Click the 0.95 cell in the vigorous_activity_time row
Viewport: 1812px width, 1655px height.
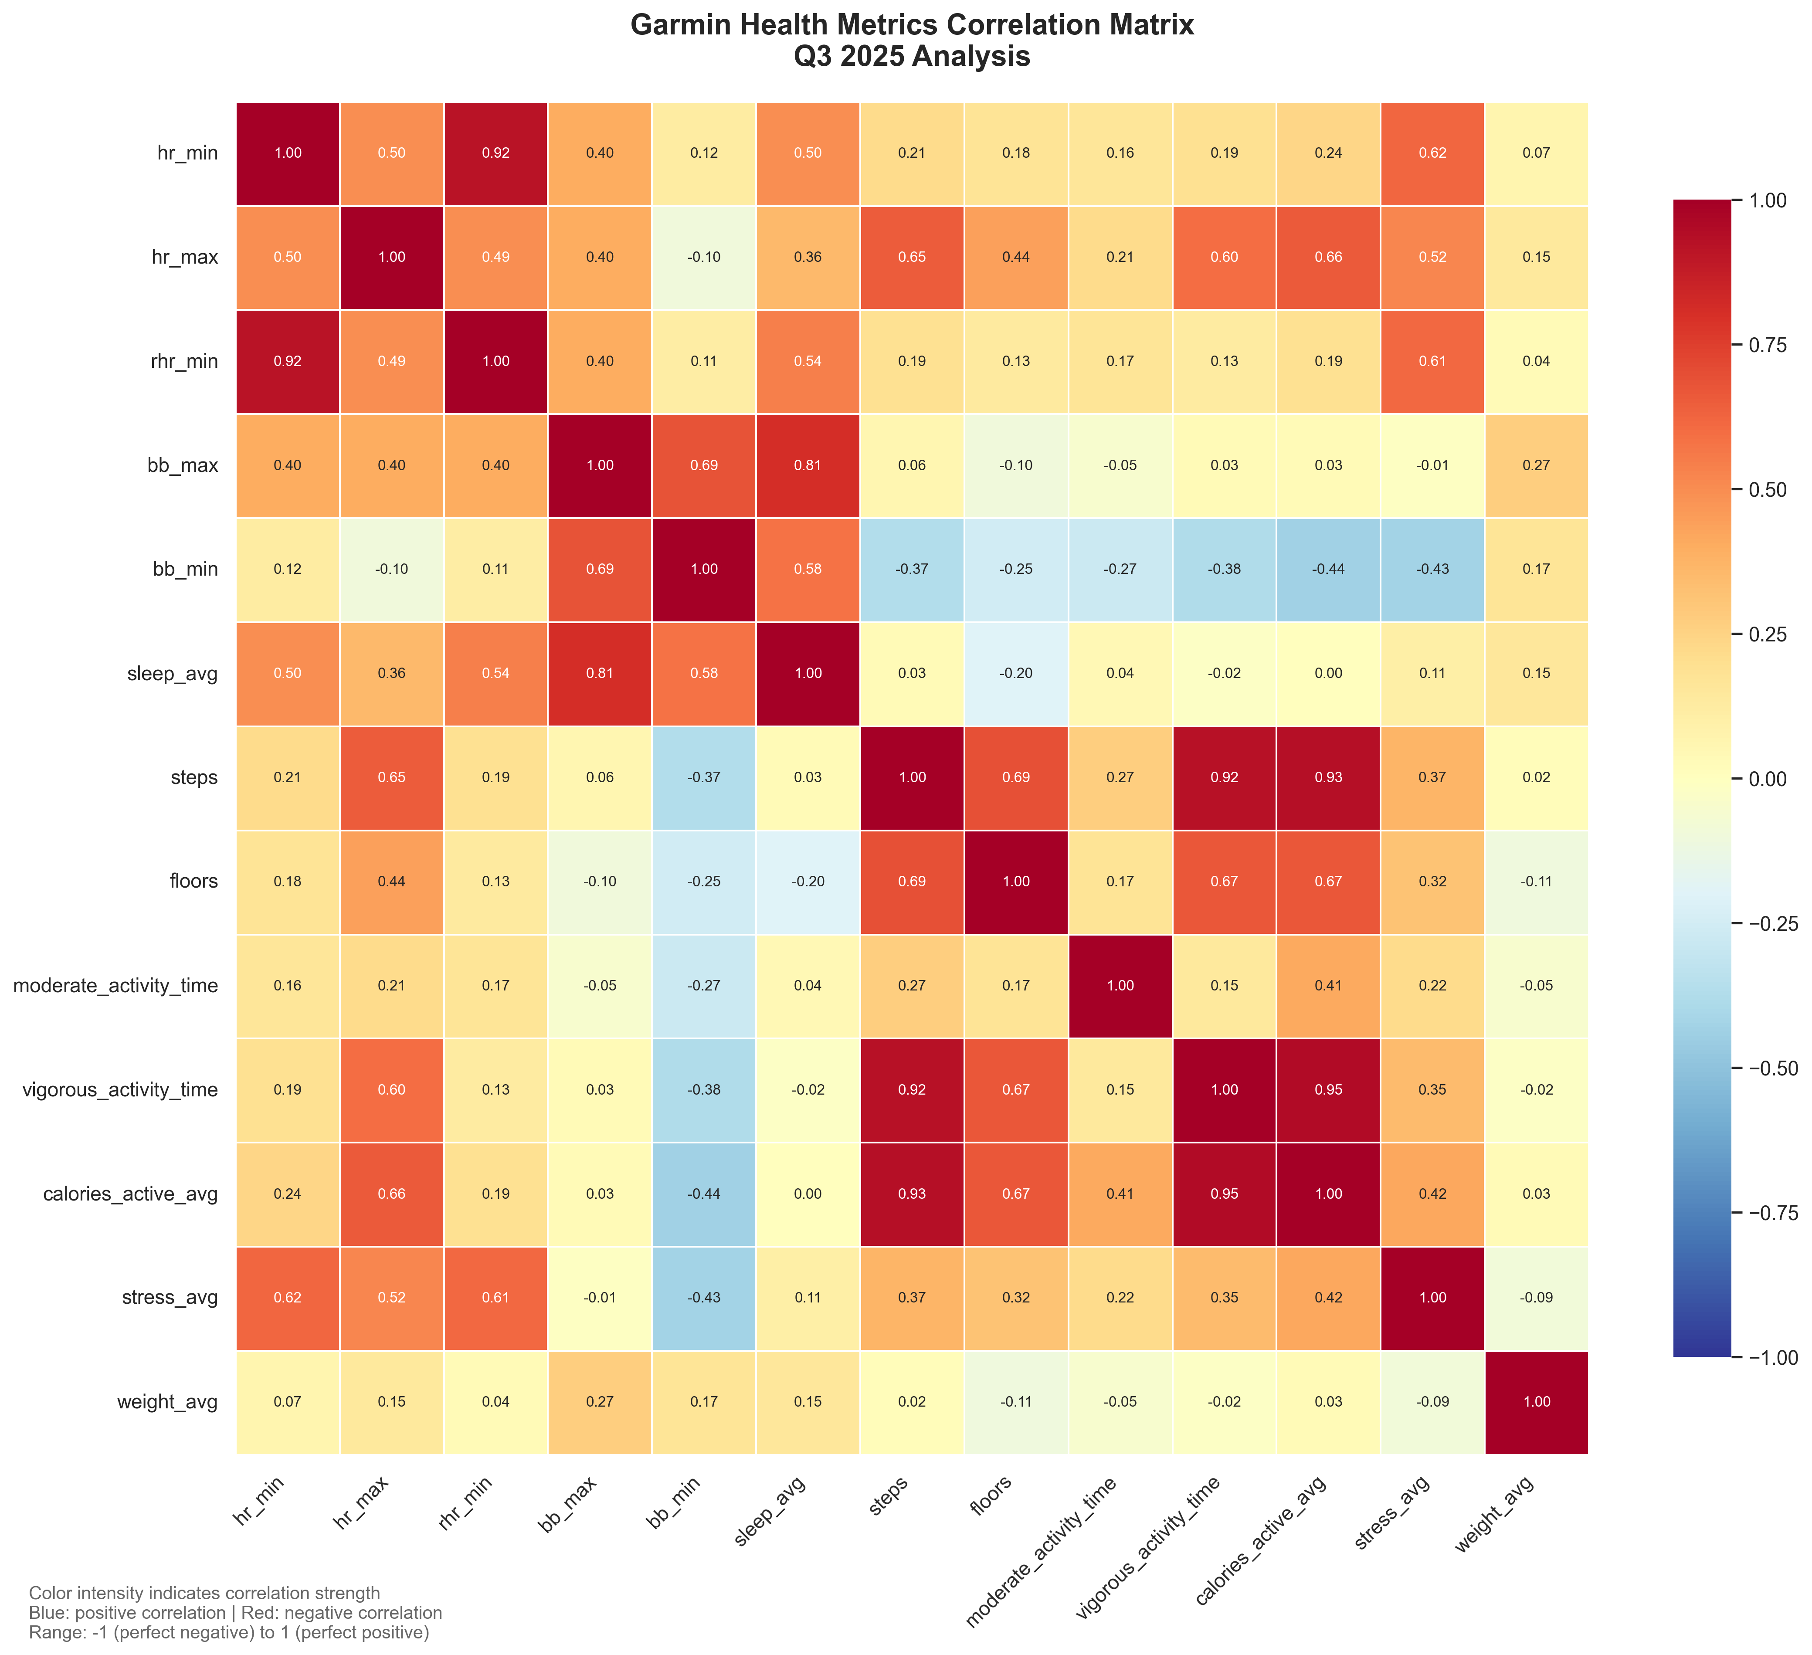click(x=1327, y=1089)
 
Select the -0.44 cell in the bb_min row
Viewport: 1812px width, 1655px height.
click(x=1327, y=569)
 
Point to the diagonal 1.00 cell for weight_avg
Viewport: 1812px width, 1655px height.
click(x=1536, y=1401)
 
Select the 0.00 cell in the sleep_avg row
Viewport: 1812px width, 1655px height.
click(x=1327, y=673)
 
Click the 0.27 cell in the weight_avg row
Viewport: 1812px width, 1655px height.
click(x=600, y=1401)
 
